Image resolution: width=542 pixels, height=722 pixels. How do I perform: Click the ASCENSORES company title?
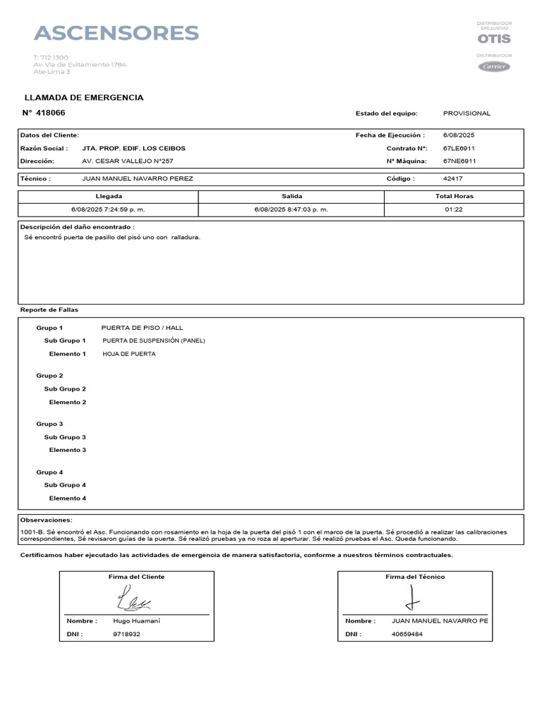pos(116,33)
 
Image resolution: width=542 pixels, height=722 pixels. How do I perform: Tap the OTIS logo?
pos(493,39)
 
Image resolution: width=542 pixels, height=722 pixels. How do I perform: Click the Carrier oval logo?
pos(493,66)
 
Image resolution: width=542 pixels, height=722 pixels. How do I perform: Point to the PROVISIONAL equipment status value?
pos(466,114)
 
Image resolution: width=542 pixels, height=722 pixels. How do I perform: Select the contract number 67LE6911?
pos(459,149)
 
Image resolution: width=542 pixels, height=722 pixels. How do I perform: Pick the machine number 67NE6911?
pos(459,161)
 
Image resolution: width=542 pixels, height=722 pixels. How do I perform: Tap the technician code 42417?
pos(453,179)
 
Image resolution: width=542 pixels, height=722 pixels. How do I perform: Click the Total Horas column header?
pos(454,196)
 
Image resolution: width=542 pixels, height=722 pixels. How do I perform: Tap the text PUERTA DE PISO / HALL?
pos(141,328)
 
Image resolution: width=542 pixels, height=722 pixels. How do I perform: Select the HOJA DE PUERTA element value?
pos(129,354)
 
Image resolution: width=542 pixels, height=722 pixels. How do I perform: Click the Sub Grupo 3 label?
pos(65,437)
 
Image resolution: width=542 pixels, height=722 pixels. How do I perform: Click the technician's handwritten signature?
pos(413,599)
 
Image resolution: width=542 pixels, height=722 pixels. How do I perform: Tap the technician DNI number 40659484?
pos(407,634)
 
